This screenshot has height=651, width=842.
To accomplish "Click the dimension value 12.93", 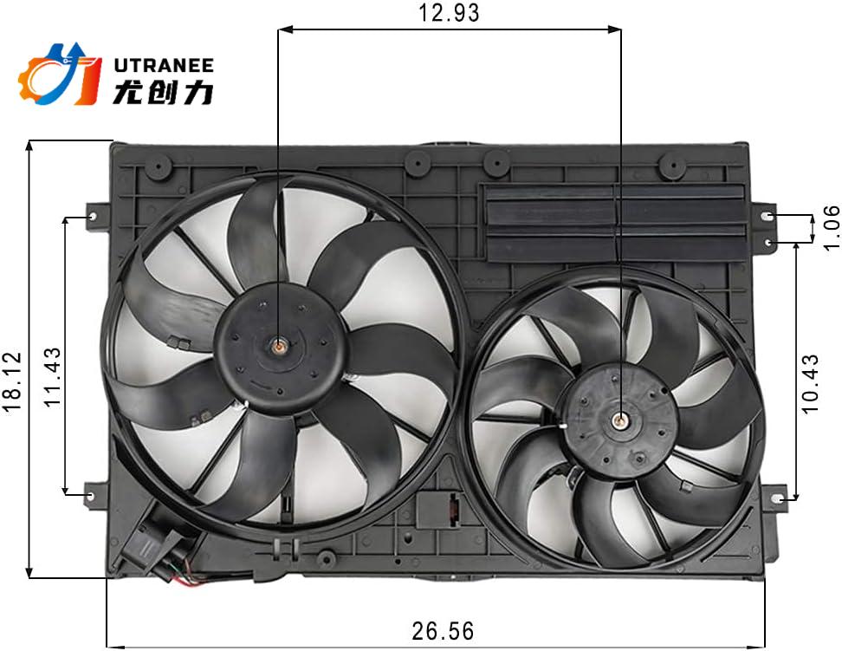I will [448, 13].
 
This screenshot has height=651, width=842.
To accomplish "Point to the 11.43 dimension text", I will [53, 378].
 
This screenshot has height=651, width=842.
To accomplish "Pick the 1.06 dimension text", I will [829, 227].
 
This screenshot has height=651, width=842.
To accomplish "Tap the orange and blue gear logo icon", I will [59, 75].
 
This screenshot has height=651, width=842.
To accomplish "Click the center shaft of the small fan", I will [620, 421].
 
